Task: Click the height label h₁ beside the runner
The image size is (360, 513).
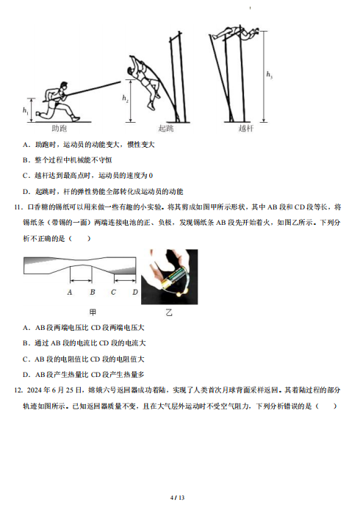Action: click(26, 110)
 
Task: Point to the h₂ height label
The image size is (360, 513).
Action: click(125, 98)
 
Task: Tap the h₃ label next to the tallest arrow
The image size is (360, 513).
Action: click(269, 75)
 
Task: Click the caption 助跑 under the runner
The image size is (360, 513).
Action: click(60, 128)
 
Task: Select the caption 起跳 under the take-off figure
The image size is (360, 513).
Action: click(166, 128)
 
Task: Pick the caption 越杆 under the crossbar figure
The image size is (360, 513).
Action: click(245, 128)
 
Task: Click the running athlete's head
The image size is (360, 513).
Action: click(65, 86)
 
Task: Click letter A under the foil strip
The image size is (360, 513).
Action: click(70, 292)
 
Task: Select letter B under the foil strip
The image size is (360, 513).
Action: click(93, 292)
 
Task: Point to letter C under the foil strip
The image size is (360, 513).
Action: click(113, 292)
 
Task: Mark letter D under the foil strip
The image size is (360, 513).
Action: click(135, 292)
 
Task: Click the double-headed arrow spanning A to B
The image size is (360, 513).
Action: click(81, 280)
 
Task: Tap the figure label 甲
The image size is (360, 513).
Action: click(93, 312)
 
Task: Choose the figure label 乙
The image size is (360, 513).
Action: click(169, 312)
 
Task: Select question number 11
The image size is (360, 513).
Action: click(18, 207)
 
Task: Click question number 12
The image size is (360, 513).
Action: click(18, 390)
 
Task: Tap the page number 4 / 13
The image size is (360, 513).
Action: click(177, 498)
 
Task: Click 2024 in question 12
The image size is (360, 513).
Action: click(35, 390)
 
